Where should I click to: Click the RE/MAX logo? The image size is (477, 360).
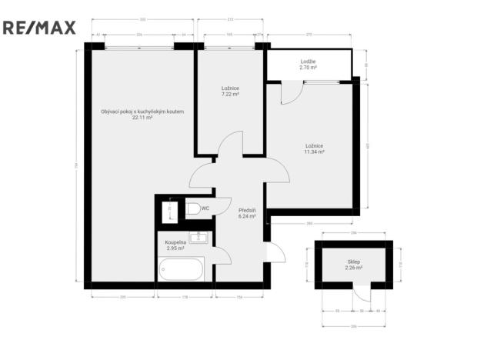point(40,28)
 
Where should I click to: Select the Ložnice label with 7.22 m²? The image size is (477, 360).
point(230,88)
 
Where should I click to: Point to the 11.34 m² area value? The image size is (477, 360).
point(314,152)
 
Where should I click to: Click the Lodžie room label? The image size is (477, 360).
point(308,62)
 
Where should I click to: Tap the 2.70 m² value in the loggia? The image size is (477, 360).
point(308,68)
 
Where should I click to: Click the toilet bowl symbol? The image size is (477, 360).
point(192,208)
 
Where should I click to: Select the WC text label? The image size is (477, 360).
point(205,208)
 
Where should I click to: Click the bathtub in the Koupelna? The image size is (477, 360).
point(182,270)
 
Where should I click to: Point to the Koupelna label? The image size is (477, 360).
point(175,243)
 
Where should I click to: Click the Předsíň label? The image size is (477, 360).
point(246,210)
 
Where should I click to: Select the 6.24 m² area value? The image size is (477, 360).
point(246,217)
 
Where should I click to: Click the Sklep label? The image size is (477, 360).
point(354,262)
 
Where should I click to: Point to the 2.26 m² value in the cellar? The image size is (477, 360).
point(354,268)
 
